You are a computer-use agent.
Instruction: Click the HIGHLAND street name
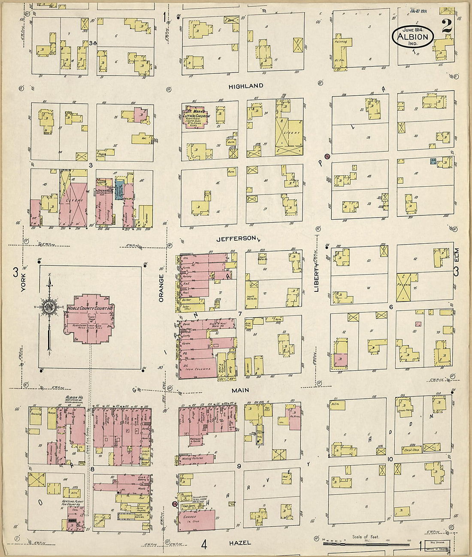245,86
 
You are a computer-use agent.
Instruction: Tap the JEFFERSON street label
237,239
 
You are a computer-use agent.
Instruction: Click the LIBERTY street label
317,277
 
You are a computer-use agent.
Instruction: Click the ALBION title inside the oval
413,36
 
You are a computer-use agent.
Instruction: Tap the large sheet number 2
446,26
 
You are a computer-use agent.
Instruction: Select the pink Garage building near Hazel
197,520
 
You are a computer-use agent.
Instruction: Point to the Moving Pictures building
196,459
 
